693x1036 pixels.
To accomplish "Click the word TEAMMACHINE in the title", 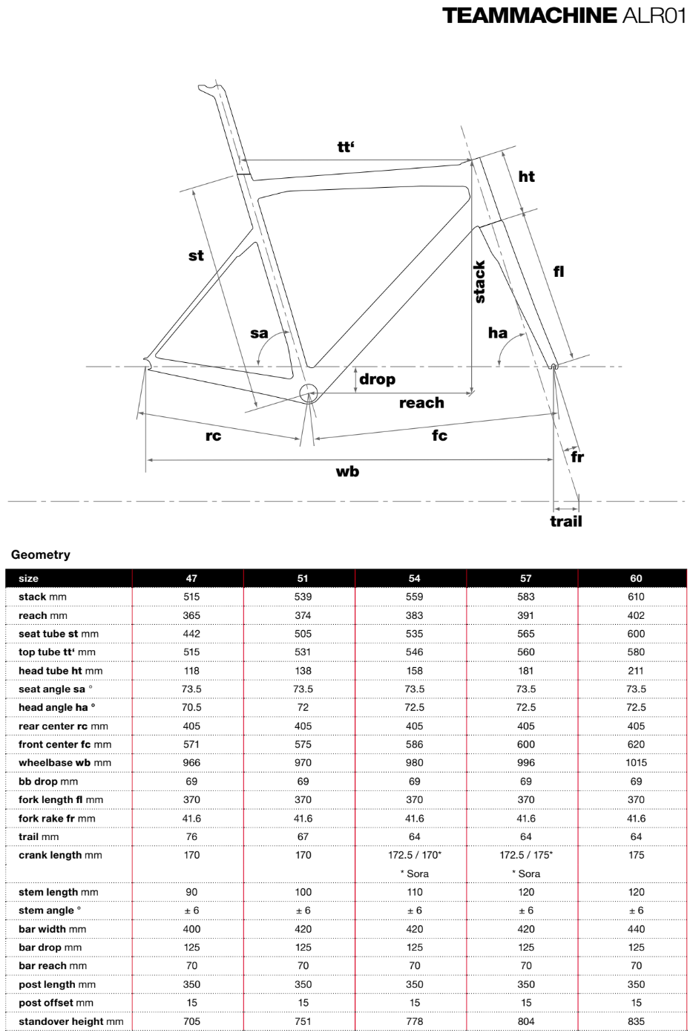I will (x=530, y=16).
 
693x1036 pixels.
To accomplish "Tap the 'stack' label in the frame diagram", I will (x=479, y=282).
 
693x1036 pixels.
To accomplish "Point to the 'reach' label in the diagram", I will (x=421, y=403).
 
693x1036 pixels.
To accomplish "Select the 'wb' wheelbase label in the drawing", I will (x=347, y=471).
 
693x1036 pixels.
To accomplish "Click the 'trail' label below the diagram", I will (x=566, y=521).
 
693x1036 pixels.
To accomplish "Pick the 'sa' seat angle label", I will (x=259, y=333).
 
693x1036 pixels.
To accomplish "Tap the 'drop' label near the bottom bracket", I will (x=377, y=379).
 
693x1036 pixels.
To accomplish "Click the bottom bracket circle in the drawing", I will (x=309, y=393).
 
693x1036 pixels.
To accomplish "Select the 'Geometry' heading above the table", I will (x=41, y=554).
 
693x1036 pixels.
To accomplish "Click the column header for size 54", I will (x=414, y=578).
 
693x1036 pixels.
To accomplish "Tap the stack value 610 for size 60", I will (x=636, y=597).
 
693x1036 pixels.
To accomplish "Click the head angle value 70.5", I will (x=191, y=707).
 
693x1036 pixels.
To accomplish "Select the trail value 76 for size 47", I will (x=191, y=836).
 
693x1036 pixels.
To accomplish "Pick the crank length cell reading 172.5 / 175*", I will (x=525, y=855).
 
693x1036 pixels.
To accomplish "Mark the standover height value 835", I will (x=636, y=1021).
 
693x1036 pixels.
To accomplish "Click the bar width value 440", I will (x=636, y=929).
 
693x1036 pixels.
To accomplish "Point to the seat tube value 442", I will (x=191, y=634).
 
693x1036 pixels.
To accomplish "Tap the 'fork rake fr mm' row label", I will (x=57, y=819).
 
